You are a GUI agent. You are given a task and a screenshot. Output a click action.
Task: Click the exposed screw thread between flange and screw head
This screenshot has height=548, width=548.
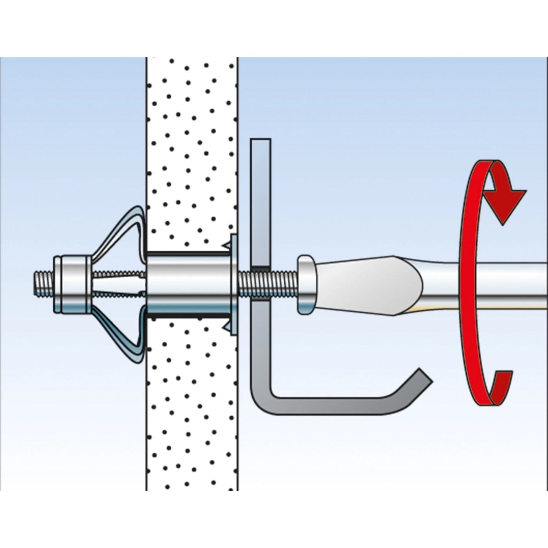click(x=278, y=279)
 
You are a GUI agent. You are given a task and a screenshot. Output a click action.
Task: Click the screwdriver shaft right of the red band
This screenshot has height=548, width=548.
click(x=511, y=279)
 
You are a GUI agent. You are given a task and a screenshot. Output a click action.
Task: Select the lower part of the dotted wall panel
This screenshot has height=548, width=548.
click(x=192, y=420)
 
